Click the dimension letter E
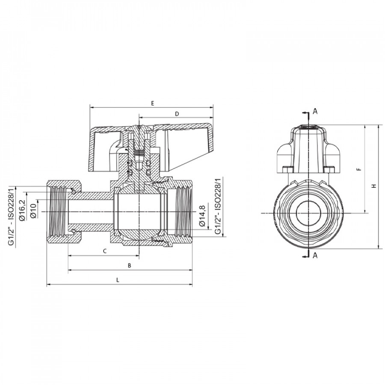(152, 104)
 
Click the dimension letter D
(177, 114)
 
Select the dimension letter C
(105, 251)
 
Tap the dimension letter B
(129, 265)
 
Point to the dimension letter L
(118, 280)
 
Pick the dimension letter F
(359, 169)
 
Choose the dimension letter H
(374, 186)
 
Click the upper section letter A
(315, 111)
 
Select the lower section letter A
(315, 256)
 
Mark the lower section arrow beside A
(305, 257)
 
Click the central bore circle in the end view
(308, 213)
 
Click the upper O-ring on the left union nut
(73, 191)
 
